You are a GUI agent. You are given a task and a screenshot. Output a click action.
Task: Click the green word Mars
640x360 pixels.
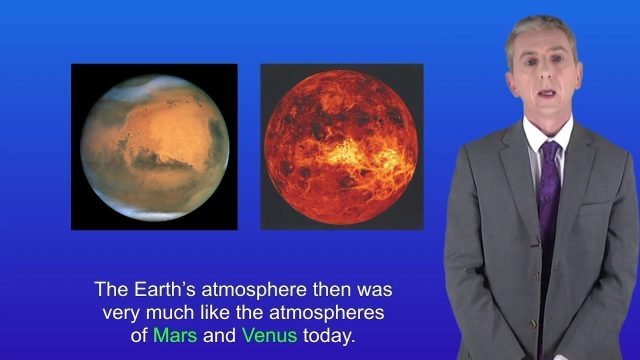point(175,334)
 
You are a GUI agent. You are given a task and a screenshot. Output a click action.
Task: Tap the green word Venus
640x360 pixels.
point(269,334)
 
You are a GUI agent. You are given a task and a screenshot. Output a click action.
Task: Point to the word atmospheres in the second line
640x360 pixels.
point(327,312)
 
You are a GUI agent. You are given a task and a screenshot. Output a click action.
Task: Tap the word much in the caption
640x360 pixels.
point(167,312)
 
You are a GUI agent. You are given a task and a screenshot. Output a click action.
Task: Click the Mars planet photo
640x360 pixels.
point(154,147)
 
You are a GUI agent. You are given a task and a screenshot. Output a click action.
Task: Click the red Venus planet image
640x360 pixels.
point(341,147)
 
